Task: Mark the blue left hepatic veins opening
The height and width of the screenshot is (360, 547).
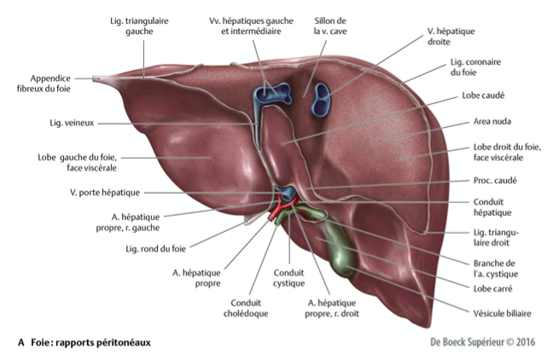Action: (271, 94)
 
